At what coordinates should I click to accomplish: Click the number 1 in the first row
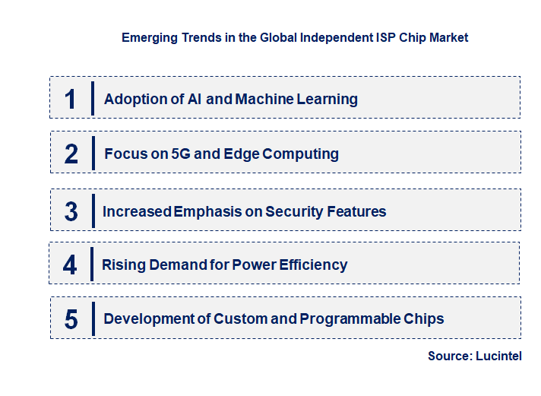pos(71,99)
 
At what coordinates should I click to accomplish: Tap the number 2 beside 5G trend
pos(71,154)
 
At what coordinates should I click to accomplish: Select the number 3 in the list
pos(71,211)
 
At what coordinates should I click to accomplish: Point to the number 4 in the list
pos(70,265)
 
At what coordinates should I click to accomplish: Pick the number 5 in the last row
pos(71,318)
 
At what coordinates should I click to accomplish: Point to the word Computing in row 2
pos(302,154)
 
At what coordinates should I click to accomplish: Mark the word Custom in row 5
pos(240,318)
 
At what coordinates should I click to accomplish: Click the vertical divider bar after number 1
pos(92,98)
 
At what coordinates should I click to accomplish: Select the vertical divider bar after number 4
pos(91,264)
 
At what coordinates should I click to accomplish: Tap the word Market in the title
pos(448,37)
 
